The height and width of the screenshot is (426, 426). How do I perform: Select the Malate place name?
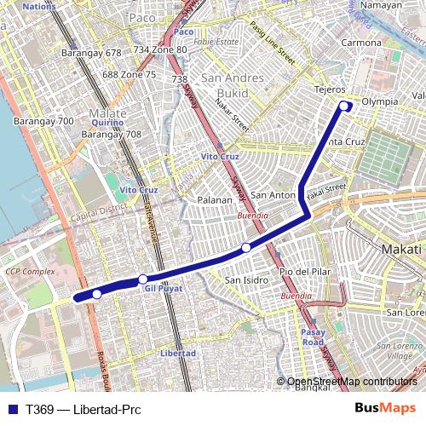(x=107, y=112)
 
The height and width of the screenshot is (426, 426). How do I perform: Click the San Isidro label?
(x=246, y=279)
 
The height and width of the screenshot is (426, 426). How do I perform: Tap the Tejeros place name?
(x=329, y=89)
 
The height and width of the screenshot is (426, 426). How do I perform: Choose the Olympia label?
(x=380, y=101)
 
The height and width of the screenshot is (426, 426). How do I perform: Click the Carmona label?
(x=361, y=42)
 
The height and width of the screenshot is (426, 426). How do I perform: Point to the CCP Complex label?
(x=30, y=271)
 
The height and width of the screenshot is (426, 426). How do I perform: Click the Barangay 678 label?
(x=89, y=52)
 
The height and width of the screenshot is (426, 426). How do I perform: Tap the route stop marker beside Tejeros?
(x=345, y=106)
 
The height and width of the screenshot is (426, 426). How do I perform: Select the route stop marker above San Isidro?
(x=245, y=248)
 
